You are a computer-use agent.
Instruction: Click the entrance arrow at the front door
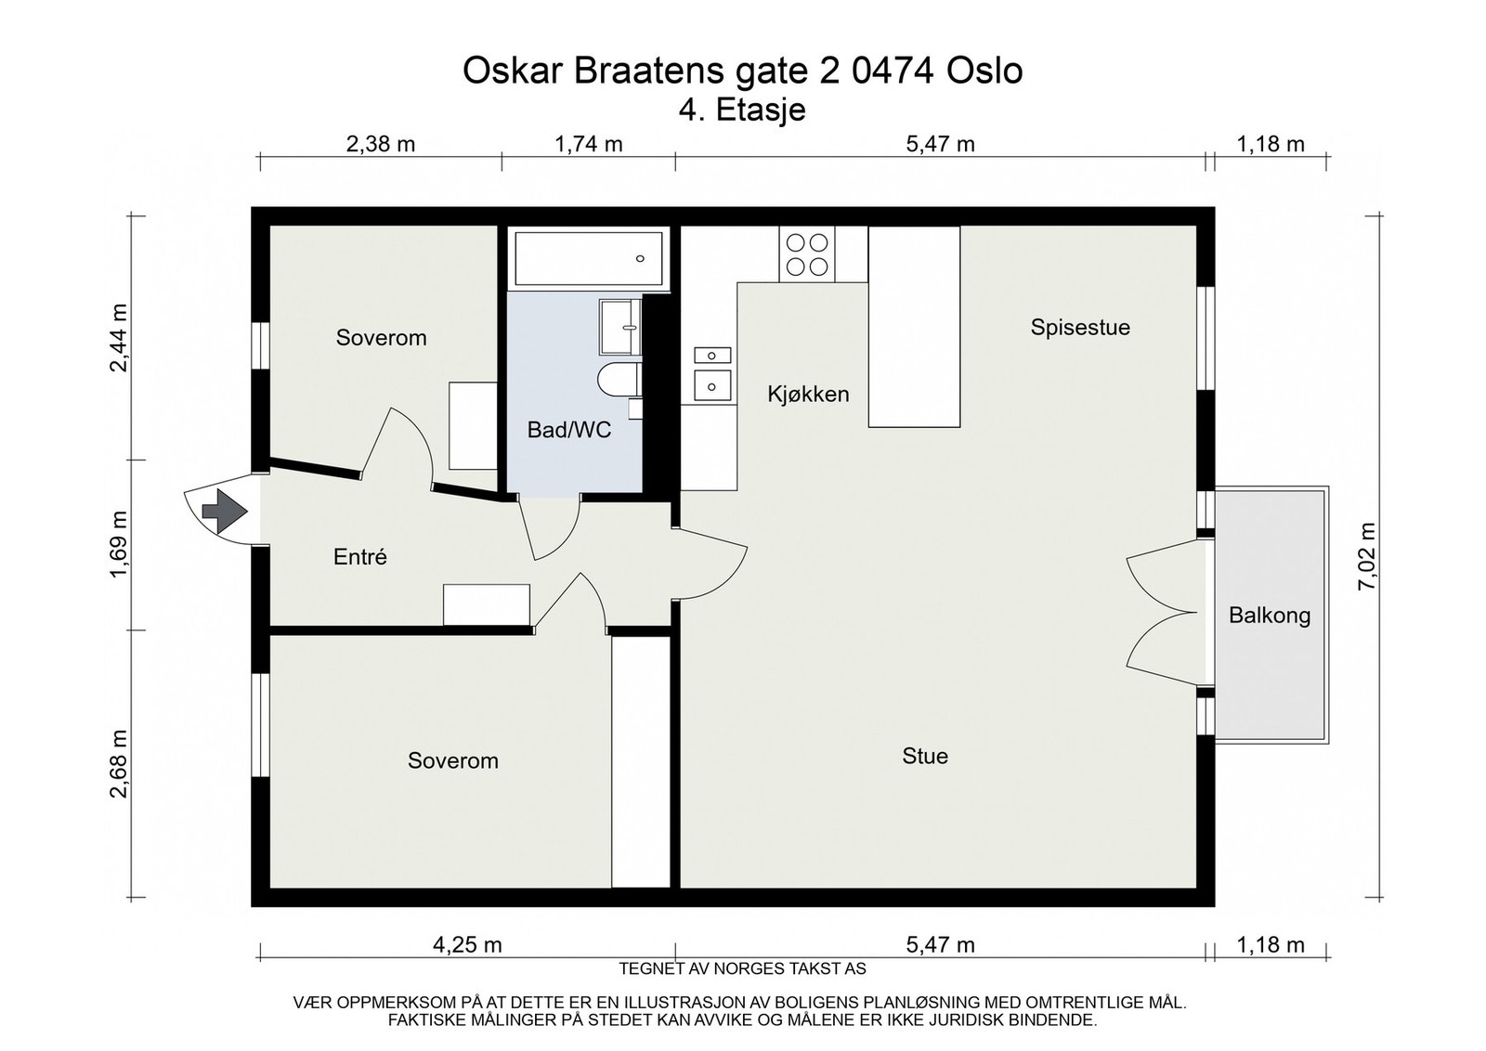point(224,511)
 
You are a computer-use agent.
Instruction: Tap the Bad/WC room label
point(568,430)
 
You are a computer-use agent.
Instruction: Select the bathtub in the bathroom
point(589,258)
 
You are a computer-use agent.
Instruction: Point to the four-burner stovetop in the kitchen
point(807,254)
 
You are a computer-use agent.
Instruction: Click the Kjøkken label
point(808,394)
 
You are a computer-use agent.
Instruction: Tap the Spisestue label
point(1080,327)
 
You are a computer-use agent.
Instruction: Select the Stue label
point(925,756)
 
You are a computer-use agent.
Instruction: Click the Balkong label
point(1270,615)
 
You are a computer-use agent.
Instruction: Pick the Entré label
point(360,557)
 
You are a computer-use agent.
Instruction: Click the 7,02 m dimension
point(1366,556)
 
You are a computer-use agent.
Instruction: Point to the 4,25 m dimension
point(467,945)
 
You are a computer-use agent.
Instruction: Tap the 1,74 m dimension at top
point(589,144)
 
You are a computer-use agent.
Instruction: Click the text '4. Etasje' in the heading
point(742,110)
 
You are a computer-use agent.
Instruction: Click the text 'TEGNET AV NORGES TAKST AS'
point(742,969)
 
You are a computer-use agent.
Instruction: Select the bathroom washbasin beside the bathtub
point(619,327)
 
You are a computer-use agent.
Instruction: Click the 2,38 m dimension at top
point(381,144)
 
